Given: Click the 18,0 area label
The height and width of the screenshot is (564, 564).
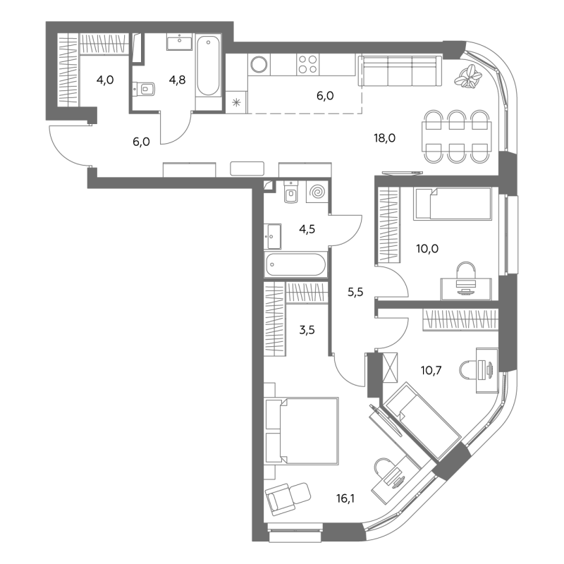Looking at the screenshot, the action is click(384, 137).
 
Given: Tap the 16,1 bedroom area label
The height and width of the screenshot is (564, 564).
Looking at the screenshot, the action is click(345, 498).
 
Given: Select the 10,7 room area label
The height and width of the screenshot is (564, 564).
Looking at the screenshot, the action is click(431, 369).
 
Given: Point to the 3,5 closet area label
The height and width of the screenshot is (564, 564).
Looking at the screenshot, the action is click(307, 329).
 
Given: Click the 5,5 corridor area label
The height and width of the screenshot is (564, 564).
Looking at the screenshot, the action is click(355, 292).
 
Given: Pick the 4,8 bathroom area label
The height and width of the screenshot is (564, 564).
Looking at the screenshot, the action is click(178, 80).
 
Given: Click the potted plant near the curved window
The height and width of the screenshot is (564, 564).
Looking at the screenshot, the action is click(467, 76).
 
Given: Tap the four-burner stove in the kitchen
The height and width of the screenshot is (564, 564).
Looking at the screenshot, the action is click(308, 64).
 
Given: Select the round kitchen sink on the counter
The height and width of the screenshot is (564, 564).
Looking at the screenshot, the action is click(259, 65).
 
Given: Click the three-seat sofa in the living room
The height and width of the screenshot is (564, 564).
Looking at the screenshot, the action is click(400, 71).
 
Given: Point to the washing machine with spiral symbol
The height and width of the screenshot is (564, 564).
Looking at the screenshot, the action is click(317, 192).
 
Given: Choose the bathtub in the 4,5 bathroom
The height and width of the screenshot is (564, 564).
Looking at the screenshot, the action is click(295, 265).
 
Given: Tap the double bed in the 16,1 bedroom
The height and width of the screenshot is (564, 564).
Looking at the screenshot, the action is click(302, 431).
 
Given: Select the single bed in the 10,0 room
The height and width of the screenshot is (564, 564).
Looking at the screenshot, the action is click(453, 204).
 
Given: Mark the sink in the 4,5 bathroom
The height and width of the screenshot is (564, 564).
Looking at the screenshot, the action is click(272, 236).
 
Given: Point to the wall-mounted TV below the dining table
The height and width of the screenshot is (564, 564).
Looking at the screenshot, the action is click(403, 173).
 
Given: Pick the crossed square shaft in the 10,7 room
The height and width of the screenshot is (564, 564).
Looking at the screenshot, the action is click(390, 367).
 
